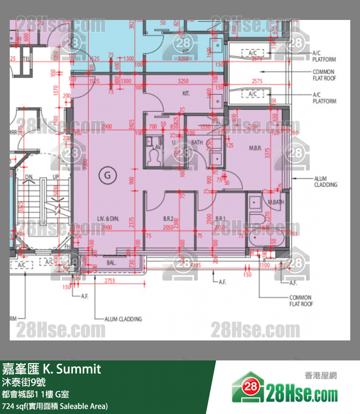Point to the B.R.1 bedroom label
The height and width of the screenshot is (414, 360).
pos(220,219)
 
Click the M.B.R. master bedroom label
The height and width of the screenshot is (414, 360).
pos(256,148)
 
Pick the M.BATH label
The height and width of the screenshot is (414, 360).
pos(275,202)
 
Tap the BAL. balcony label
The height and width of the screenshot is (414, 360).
pos(111,263)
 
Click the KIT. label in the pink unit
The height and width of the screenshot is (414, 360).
pos(185,93)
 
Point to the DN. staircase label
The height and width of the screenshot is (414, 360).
pos(29,177)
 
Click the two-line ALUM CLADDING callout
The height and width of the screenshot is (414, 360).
pos(325,182)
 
